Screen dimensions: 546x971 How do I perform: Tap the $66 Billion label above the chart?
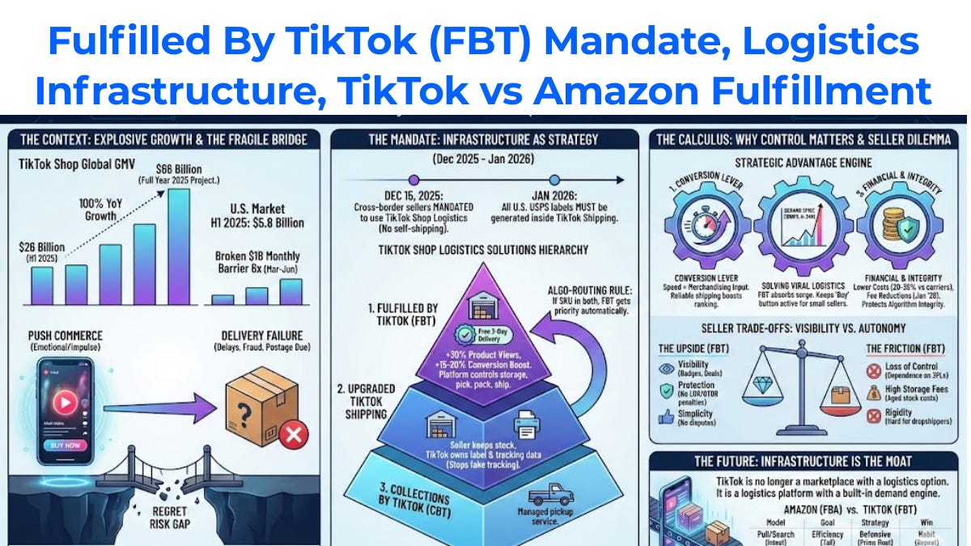(x=184, y=168)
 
